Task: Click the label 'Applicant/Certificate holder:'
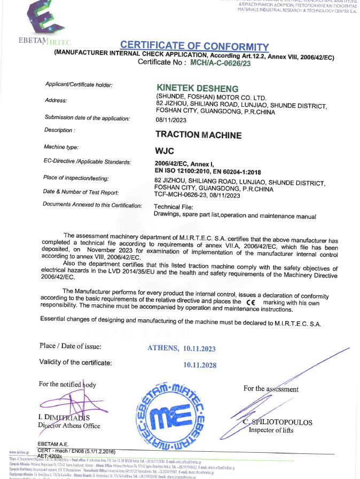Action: click(x=79, y=85)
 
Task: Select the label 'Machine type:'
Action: click(x=61, y=146)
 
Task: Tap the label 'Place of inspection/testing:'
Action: click(x=76, y=177)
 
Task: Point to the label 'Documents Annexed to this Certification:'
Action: click(x=92, y=205)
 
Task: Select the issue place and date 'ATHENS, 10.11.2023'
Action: click(x=181, y=348)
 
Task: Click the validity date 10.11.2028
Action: click(x=199, y=365)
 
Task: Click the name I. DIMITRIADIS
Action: click(x=64, y=417)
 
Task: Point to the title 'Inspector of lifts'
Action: click(x=272, y=430)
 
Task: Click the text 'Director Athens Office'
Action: click(x=69, y=426)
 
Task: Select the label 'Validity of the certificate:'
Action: click(x=75, y=363)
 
